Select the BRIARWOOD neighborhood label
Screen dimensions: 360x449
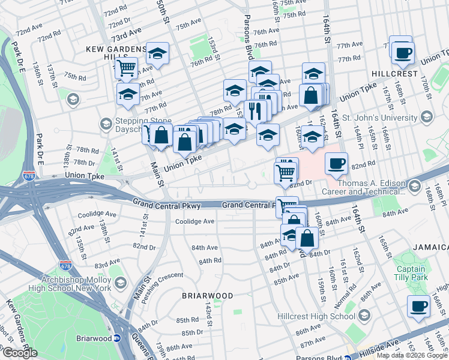tap(208, 296)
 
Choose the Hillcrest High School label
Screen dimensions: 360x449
tap(316, 316)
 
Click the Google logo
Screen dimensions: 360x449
tap(19, 353)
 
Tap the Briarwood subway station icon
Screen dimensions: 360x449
tap(118, 338)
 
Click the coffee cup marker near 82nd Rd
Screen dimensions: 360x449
tap(336, 163)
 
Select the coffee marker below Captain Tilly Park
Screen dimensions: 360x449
tap(418, 306)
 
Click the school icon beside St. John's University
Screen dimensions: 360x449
tap(427, 115)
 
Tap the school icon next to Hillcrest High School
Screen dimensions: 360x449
tap(364, 316)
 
